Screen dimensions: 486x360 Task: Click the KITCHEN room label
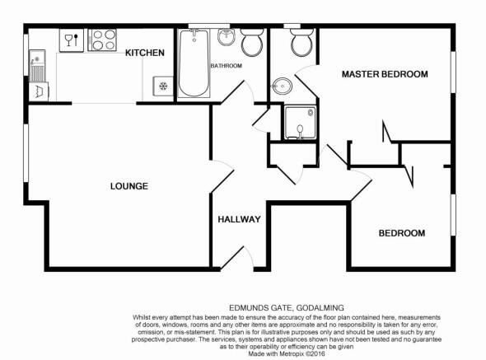(x=145, y=53)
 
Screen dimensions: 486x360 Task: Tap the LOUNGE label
(x=129, y=186)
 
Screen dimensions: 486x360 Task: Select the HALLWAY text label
(x=239, y=219)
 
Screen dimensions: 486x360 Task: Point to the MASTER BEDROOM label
(x=385, y=74)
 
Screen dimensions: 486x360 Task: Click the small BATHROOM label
(x=227, y=66)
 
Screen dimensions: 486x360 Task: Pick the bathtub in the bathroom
(x=194, y=63)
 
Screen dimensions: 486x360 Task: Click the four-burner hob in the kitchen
(x=102, y=40)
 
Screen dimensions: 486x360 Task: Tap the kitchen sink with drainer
(x=38, y=65)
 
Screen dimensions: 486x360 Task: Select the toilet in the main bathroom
(x=252, y=43)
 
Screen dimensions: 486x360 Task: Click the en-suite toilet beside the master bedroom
(x=302, y=43)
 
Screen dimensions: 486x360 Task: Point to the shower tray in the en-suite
(x=301, y=123)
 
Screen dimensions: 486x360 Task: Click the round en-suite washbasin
(x=282, y=86)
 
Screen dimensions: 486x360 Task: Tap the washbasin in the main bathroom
(x=227, y=37)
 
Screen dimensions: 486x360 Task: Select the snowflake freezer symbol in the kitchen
(x=163, y=86)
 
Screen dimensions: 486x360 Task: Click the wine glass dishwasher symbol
(x=72, y=40)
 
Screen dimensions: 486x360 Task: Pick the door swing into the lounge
(x=222, y=175)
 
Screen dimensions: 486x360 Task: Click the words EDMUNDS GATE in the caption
(x=260, y=308)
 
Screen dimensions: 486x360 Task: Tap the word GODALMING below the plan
(x=320, y=308)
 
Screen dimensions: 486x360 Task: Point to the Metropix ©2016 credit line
(x=287, y=353)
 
